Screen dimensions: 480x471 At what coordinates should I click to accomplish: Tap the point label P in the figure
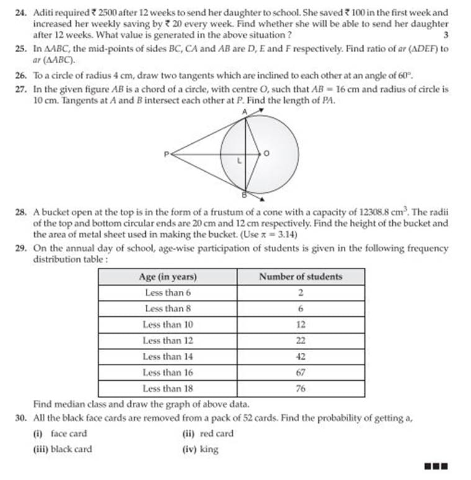(x=166, y=154)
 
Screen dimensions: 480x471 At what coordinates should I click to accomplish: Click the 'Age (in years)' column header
(x=167, y=277)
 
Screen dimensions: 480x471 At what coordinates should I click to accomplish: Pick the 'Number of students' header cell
(x=300, y=277)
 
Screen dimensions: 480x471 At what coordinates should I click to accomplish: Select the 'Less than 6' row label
(x=168, y=293)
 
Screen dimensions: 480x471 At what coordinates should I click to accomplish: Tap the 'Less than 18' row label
(x=168, y=389)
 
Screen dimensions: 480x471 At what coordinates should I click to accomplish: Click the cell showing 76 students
(x=300, y=389)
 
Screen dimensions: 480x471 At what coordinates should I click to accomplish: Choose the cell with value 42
(x=300, y=357)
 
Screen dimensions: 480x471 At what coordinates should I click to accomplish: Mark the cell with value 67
(x=300, y=373)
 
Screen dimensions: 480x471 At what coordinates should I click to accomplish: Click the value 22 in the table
(x=300, y=340)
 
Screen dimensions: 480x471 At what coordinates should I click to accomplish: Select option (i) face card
(x=60, y=433)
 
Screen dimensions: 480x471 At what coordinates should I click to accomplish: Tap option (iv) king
(x=200, y=449)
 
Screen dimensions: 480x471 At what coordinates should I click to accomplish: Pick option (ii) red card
(x=208, y=433)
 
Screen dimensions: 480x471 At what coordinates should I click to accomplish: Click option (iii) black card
(x=62, y=449)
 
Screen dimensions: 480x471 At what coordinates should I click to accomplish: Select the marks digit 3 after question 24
(x=446, y=35)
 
